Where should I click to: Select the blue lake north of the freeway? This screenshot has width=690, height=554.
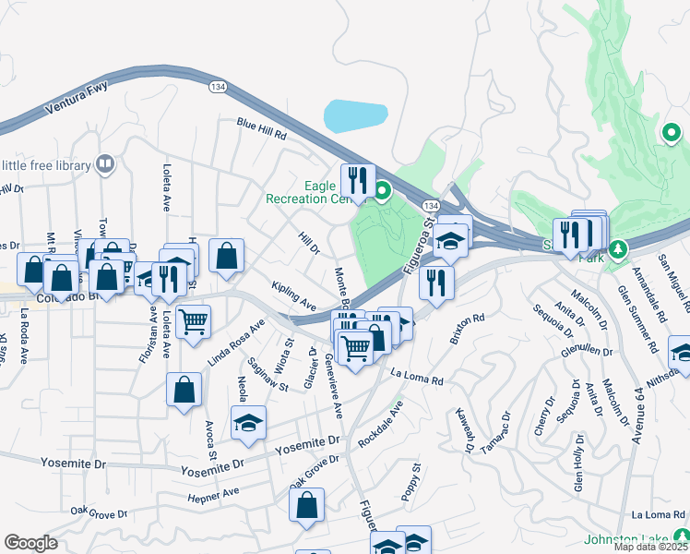point(355,116)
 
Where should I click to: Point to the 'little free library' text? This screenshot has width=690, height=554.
point(46,166)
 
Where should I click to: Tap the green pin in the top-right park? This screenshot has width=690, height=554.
point(672,134)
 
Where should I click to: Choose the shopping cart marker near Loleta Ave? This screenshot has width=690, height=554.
point(194,322)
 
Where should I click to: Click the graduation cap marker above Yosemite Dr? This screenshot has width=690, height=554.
point(247,423)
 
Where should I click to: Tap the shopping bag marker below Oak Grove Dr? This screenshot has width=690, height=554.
point(306,505)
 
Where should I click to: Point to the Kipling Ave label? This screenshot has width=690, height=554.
point(294,297)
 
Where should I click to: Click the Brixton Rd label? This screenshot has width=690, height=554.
point(467,331)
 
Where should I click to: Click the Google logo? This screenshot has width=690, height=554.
point(31,543)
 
